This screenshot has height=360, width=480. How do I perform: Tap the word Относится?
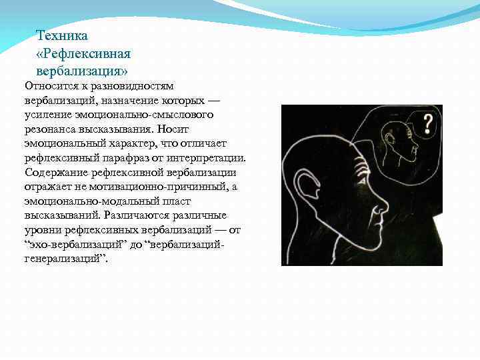[50, 86]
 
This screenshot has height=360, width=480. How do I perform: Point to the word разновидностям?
[135, 86]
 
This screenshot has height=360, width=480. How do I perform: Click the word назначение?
[119, 101]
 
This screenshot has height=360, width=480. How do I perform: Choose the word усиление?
[47, 115]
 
